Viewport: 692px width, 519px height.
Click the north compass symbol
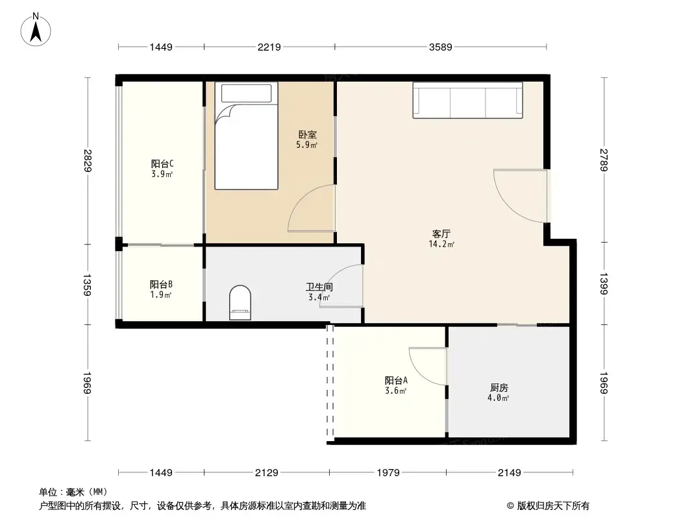(37, 30)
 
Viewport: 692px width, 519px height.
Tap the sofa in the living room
(467, 101)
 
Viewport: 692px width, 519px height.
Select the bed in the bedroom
(246, 137)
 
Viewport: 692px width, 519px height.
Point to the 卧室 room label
(308, 135)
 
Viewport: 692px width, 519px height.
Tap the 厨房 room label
(499, 387)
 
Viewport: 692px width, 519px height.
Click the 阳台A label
(396, 381)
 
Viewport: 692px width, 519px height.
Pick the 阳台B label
(161, 284)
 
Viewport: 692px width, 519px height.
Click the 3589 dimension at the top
(440, 47)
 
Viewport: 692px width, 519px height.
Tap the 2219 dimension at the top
(269, 47)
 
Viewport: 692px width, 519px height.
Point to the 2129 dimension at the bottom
(267, 473)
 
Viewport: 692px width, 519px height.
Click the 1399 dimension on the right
(605, 284)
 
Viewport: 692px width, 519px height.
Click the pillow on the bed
(246, 93)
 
